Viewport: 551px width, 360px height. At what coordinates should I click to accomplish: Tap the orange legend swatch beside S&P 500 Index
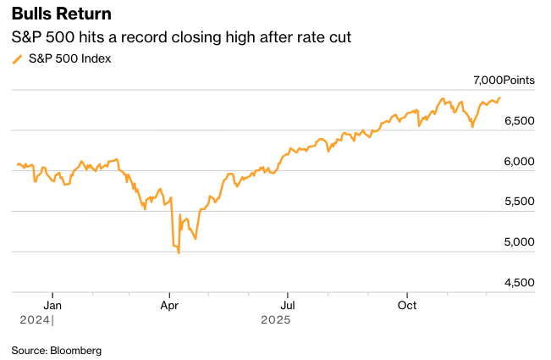18,59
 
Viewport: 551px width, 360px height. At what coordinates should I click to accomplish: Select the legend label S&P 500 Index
69,58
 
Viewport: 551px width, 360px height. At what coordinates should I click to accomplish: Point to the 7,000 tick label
486,80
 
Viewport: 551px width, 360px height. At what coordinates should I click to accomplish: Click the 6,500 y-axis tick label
517,121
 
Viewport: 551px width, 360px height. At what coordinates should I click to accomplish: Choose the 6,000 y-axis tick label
517,161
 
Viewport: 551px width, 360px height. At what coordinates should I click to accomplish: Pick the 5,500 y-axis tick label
517,202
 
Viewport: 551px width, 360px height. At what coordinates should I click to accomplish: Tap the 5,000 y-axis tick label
517,242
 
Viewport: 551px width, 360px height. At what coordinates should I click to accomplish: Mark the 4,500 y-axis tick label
517,282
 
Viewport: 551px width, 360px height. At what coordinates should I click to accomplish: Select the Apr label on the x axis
170,305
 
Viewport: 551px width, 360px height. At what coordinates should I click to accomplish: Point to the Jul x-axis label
288,305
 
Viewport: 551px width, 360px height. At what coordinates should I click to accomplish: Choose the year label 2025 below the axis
276,320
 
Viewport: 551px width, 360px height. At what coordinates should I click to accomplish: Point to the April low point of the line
179,252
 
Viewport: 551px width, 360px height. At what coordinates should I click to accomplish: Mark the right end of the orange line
499,97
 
